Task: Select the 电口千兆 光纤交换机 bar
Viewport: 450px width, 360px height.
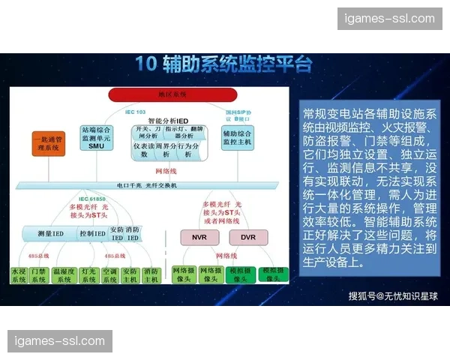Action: (x=146, y=184)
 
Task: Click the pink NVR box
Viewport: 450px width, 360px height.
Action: (x=199, y=237)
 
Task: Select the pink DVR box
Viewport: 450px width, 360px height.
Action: (x=248, y=237)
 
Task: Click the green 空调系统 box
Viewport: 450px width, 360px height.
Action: (x=109, y=274)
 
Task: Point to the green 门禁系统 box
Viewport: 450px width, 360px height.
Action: (x=39, y=274)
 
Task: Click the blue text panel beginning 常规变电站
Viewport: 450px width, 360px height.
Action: (x=368, y=188)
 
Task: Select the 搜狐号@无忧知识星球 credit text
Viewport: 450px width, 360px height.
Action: (x=392, y=295)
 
